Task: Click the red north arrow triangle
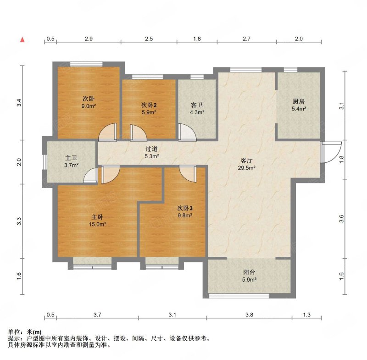[x=22, y=40]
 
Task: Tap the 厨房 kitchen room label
[x=299, y=101]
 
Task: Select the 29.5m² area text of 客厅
[x=247, y=168]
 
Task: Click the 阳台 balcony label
[x=249, y=272]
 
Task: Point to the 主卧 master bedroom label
[x=97, y=217]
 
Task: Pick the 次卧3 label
[x=185, y=208]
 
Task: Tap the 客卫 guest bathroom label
[x=197, y=105]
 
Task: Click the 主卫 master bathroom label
[x=71, y=158]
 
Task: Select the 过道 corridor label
[x=152, y=149]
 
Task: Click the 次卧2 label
[x=149, y=105]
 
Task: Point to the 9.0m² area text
[x=89, y=106]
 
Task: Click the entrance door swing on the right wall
[x=331, y=152]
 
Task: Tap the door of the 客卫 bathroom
[x=187, y=132]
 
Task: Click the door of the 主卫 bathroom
[x=90, y=175]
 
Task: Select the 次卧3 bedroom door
[x=188, y=173]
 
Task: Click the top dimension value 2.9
[x=89, y=39]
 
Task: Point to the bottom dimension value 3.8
[x=249, y=315]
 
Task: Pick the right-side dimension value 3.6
[x=341, y=219]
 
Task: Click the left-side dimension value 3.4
[x=19, y=103]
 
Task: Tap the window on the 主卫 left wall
[x=44, y=161]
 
